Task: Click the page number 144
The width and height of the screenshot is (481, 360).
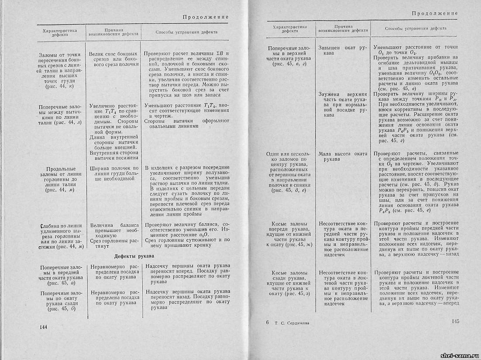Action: point(43,327)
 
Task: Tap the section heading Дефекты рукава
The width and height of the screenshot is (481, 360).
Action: point(136,256)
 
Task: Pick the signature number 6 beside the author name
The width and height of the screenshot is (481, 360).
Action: point(268,322)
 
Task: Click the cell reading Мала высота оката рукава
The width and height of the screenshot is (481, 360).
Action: point(343,156)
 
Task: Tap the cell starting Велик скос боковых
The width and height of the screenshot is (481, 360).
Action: point(113,59)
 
